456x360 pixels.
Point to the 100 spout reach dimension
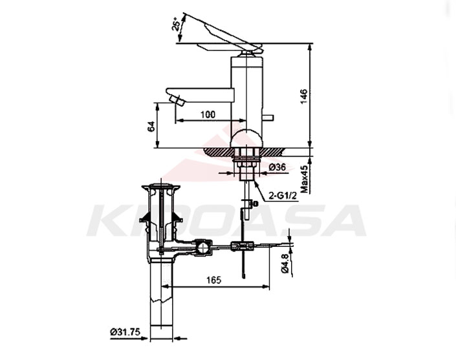point(208,114)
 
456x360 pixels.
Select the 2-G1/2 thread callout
point(283,194)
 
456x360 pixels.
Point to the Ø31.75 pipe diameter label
point(125,332)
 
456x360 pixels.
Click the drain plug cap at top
point(161,188)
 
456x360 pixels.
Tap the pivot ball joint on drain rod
point(203,246)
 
